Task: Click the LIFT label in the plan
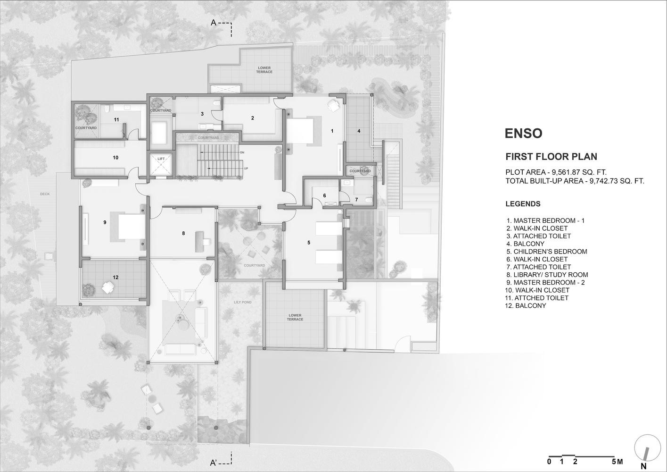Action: tap(161, 159)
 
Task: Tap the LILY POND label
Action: tap(243, 302)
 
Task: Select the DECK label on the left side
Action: tap(45, 194)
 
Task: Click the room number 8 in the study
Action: tap(183, 233)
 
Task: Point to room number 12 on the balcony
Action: tap(115, 277)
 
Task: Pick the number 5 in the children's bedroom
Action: tap(309, 243)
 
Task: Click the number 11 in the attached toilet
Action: tap(116, 119)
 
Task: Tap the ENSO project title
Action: tap(524, 133)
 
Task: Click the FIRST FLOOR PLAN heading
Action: tap(551, 157)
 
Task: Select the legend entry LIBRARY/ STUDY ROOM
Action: tap(547, 275)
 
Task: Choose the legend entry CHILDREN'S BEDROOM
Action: tap(547, 252)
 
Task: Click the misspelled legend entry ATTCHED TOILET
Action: tap(537, 298)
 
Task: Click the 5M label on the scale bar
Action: tap(618, 462)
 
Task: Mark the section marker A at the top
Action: tap(214, 23)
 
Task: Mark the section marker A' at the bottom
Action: tap(214, 463)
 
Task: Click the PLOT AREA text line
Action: tap(556, 172)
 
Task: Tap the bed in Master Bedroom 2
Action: tap(132, 227)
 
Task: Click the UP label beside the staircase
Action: tap(246, 169)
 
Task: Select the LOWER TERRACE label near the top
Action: tap(264, 70)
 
